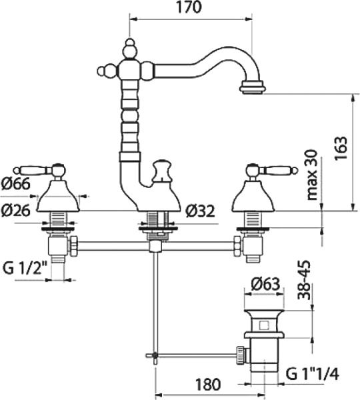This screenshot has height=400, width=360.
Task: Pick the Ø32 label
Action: (200, 211)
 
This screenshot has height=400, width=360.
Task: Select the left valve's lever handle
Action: (45, 168)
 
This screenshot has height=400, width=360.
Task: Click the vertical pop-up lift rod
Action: (155, 300)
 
